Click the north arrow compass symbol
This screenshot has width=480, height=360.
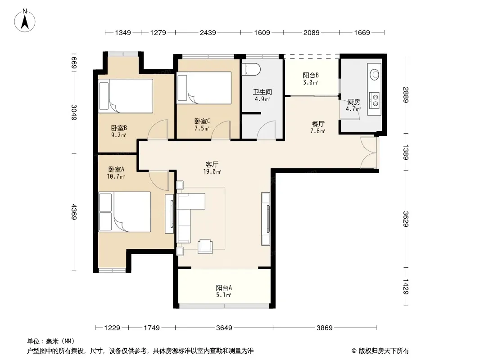click(25, 21)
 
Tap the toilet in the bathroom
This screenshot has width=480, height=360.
click(251, 69)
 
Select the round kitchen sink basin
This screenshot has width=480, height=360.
click(374, 74)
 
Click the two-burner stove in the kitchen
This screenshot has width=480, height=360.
click(374, 101)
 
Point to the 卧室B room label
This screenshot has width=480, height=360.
click(119, 128)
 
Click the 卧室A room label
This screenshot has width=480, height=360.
click(116, 169)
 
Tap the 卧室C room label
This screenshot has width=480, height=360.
click(202, 121)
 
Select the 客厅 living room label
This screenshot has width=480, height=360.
click(212, 165)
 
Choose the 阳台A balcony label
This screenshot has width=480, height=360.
click(224, 288)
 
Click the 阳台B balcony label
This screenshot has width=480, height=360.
click(311, 75)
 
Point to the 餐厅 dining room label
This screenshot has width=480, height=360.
click(318, 124)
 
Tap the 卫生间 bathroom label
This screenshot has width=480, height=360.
click(263, 92)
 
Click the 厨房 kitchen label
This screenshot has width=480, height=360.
click(354, 102)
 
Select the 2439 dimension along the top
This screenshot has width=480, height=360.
click(208, 32)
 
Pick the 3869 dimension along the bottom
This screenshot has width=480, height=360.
click(325, 328)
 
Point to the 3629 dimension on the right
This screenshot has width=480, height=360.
click(406, 219)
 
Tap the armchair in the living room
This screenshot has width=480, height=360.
click(205, 246)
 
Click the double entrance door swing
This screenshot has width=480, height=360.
click(369, 153)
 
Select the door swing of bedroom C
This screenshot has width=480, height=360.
click(221, 130)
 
